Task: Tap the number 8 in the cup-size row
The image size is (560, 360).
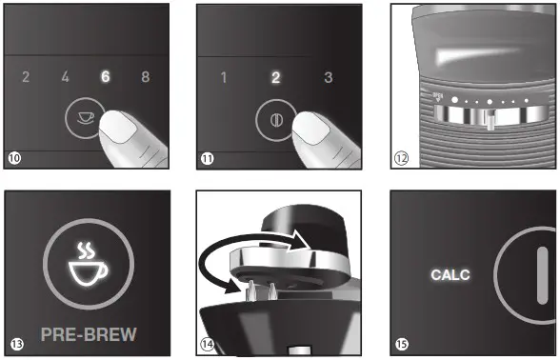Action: coord(145,77)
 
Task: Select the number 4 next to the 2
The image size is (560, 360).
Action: coord(65,77)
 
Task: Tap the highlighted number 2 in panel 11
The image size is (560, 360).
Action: coord(275,77)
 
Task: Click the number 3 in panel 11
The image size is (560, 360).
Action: coord(328,77)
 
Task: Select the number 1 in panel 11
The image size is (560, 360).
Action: coord(224,77)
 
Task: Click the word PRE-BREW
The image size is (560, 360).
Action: coord(89,334)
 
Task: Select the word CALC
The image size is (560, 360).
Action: coord(450,274)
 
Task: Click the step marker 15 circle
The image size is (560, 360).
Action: coord(402,343)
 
